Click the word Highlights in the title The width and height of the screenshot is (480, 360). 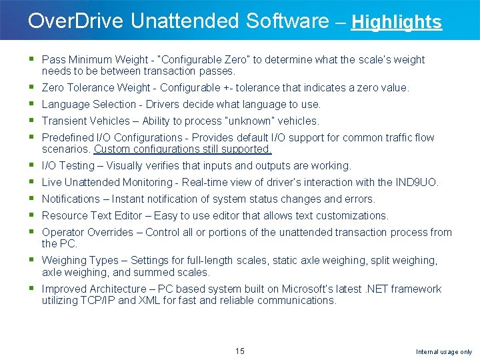[396, 22]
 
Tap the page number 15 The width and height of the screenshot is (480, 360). [240, 351]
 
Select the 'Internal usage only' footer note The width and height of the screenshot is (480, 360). [444, 351]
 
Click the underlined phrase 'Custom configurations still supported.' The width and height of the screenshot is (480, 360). [183, 149]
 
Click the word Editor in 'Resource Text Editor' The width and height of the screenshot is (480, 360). [129, 215]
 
